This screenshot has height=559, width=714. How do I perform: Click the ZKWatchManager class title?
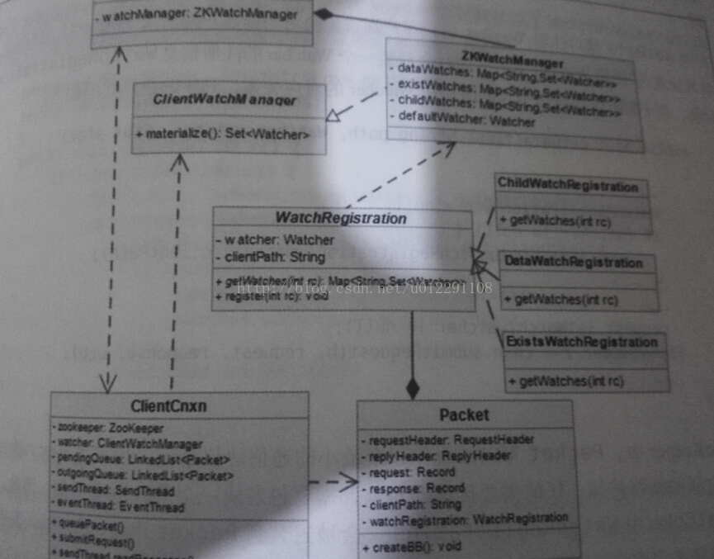point(512,62)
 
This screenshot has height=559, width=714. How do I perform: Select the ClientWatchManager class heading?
point(225,100)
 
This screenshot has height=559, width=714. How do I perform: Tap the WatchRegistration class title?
point(340,219)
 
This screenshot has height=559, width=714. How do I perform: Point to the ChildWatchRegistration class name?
point(568,187)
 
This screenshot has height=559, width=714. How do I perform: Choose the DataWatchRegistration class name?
point(573,263)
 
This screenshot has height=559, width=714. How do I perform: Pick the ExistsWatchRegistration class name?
point(582,342)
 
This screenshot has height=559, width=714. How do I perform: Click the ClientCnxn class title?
point(168,406)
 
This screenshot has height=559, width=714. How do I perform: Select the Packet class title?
point(464,415)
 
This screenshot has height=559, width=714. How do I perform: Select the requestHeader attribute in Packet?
point(451,439)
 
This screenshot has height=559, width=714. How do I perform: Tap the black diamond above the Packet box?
point(413,386)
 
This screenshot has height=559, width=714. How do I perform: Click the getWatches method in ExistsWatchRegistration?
point(566,381)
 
